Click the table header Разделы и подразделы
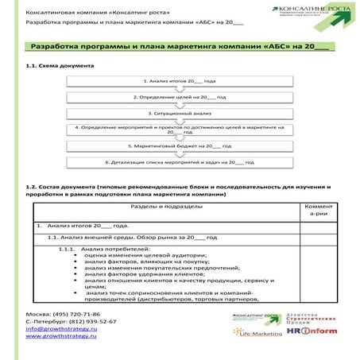pyautogui.click(x=165, y=206)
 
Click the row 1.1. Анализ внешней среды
pyautogui.click(x=127, y=238)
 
